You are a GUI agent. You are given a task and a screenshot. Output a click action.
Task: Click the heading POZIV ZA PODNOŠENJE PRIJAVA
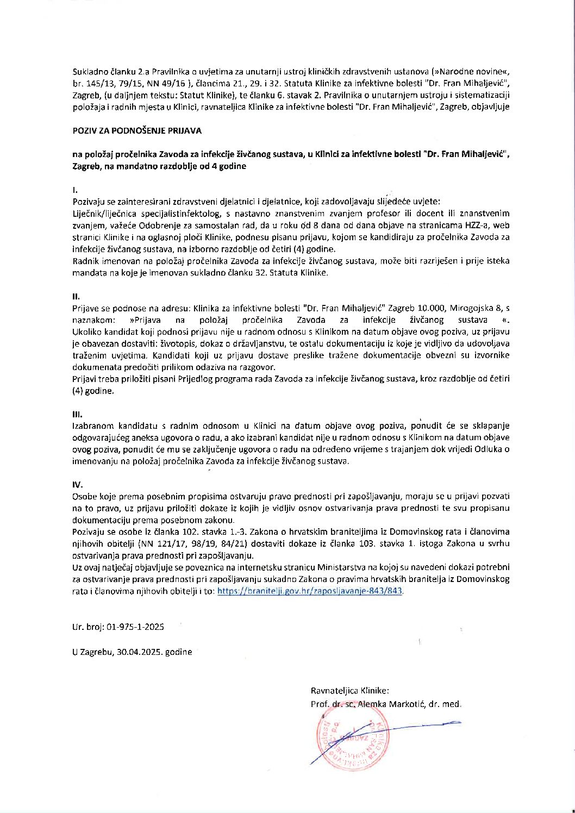pyautogui.click(x=137, y=131)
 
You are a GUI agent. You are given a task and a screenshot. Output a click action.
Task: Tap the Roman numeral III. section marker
pyautogui.click(x=77, y=414)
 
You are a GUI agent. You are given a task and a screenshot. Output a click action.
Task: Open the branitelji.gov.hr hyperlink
pyautogui.click(x=310, y=591)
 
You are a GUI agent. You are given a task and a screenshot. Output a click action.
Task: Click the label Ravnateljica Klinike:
pyautogui.click(x=349, y=691)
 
